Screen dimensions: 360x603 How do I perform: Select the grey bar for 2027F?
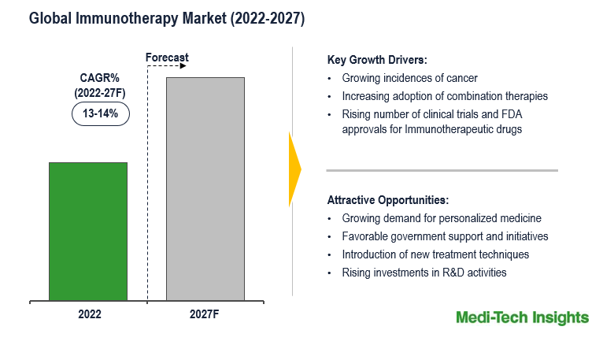(205, 188)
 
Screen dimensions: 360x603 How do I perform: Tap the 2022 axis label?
(89, 314)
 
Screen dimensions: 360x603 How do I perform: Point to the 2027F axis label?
(205, 314)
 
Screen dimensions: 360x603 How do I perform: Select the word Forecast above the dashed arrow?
(167, 58)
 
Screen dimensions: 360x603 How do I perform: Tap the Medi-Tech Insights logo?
(522, 317)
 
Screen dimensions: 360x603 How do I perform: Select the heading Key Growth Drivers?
(376, 60)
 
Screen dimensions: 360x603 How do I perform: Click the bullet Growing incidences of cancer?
(409, 79)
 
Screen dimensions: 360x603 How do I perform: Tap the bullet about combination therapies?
(445, 96)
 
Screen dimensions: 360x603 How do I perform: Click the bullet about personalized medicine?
(442, 218)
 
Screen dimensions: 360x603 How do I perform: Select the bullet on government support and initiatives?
(445, 236)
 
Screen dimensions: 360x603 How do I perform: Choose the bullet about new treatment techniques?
(435, 254)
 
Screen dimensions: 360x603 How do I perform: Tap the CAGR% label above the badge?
(100, 77)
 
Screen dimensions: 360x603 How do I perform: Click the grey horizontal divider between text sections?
(442, 170)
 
